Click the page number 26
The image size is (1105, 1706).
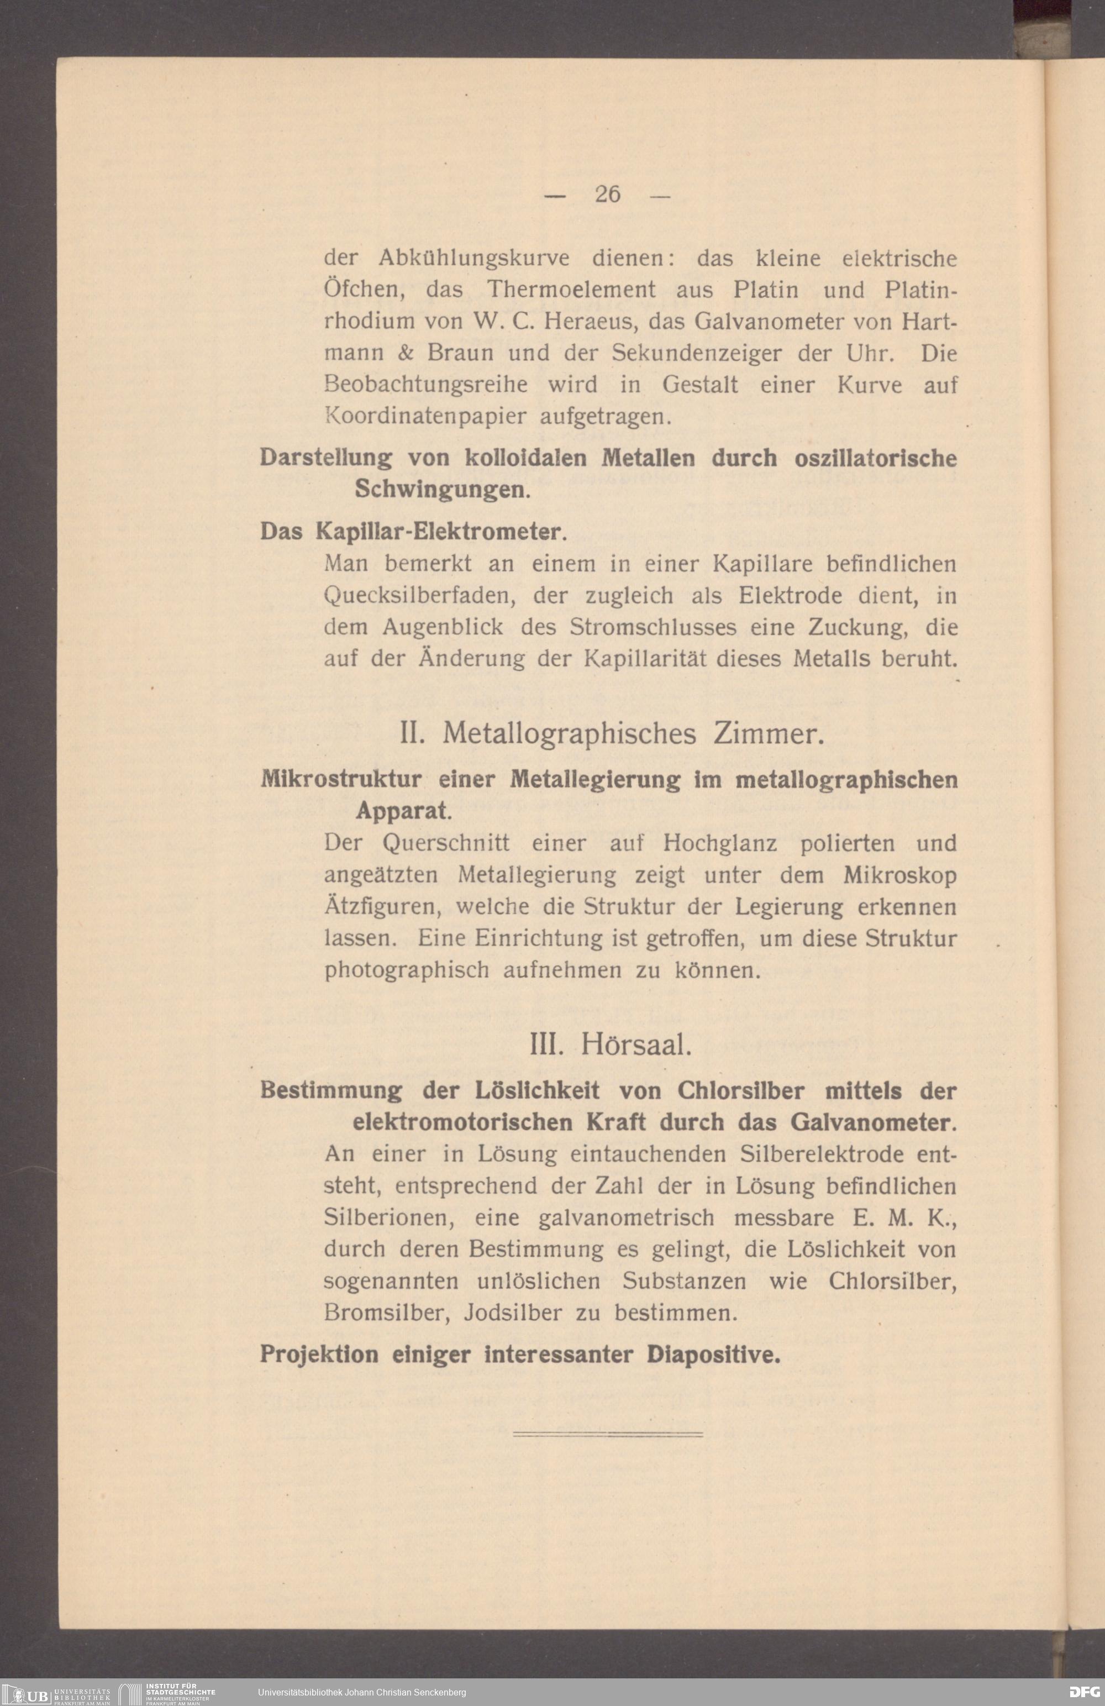[x=608, y=195]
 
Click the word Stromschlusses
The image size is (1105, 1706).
[x=653, y=627]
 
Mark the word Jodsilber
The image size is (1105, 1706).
[x=512, y=1313]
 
